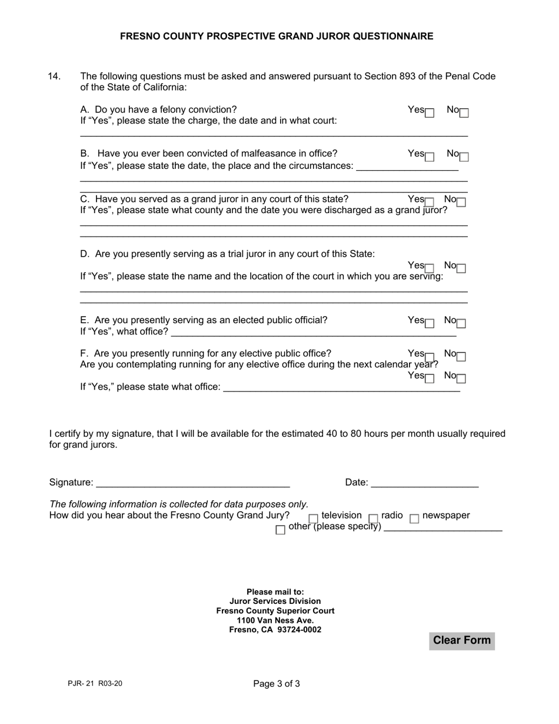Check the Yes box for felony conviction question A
coord(430,112)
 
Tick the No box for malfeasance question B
coord(464,157)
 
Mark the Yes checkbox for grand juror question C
coord(430,202)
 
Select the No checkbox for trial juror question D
coord(461,268)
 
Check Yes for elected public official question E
coord(430,323)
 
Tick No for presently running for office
coord(461,356)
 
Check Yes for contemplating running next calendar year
coord(430,378)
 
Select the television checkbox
coord(314,519)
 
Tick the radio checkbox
coord(373,519)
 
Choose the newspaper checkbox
coord(414,519)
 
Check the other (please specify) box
coord(280,530)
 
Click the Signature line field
coord(192,483)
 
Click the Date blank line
coord(425,483)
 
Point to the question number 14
coord(54,76)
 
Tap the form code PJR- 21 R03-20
coord(95,683)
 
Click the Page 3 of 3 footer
coord(277,683)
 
